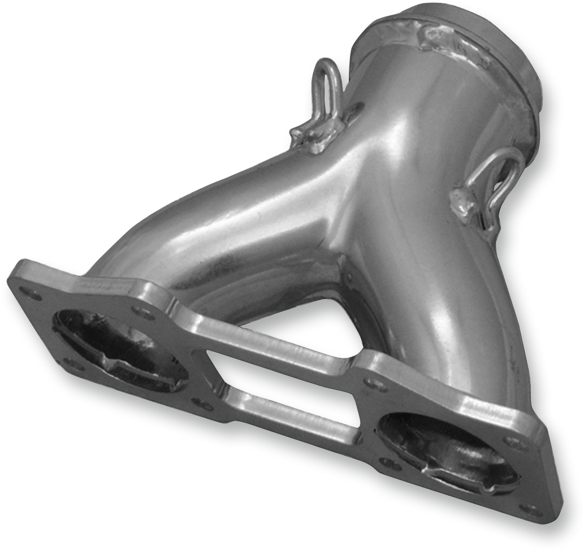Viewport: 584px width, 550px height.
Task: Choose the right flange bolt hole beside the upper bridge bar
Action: click(375, 386)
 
